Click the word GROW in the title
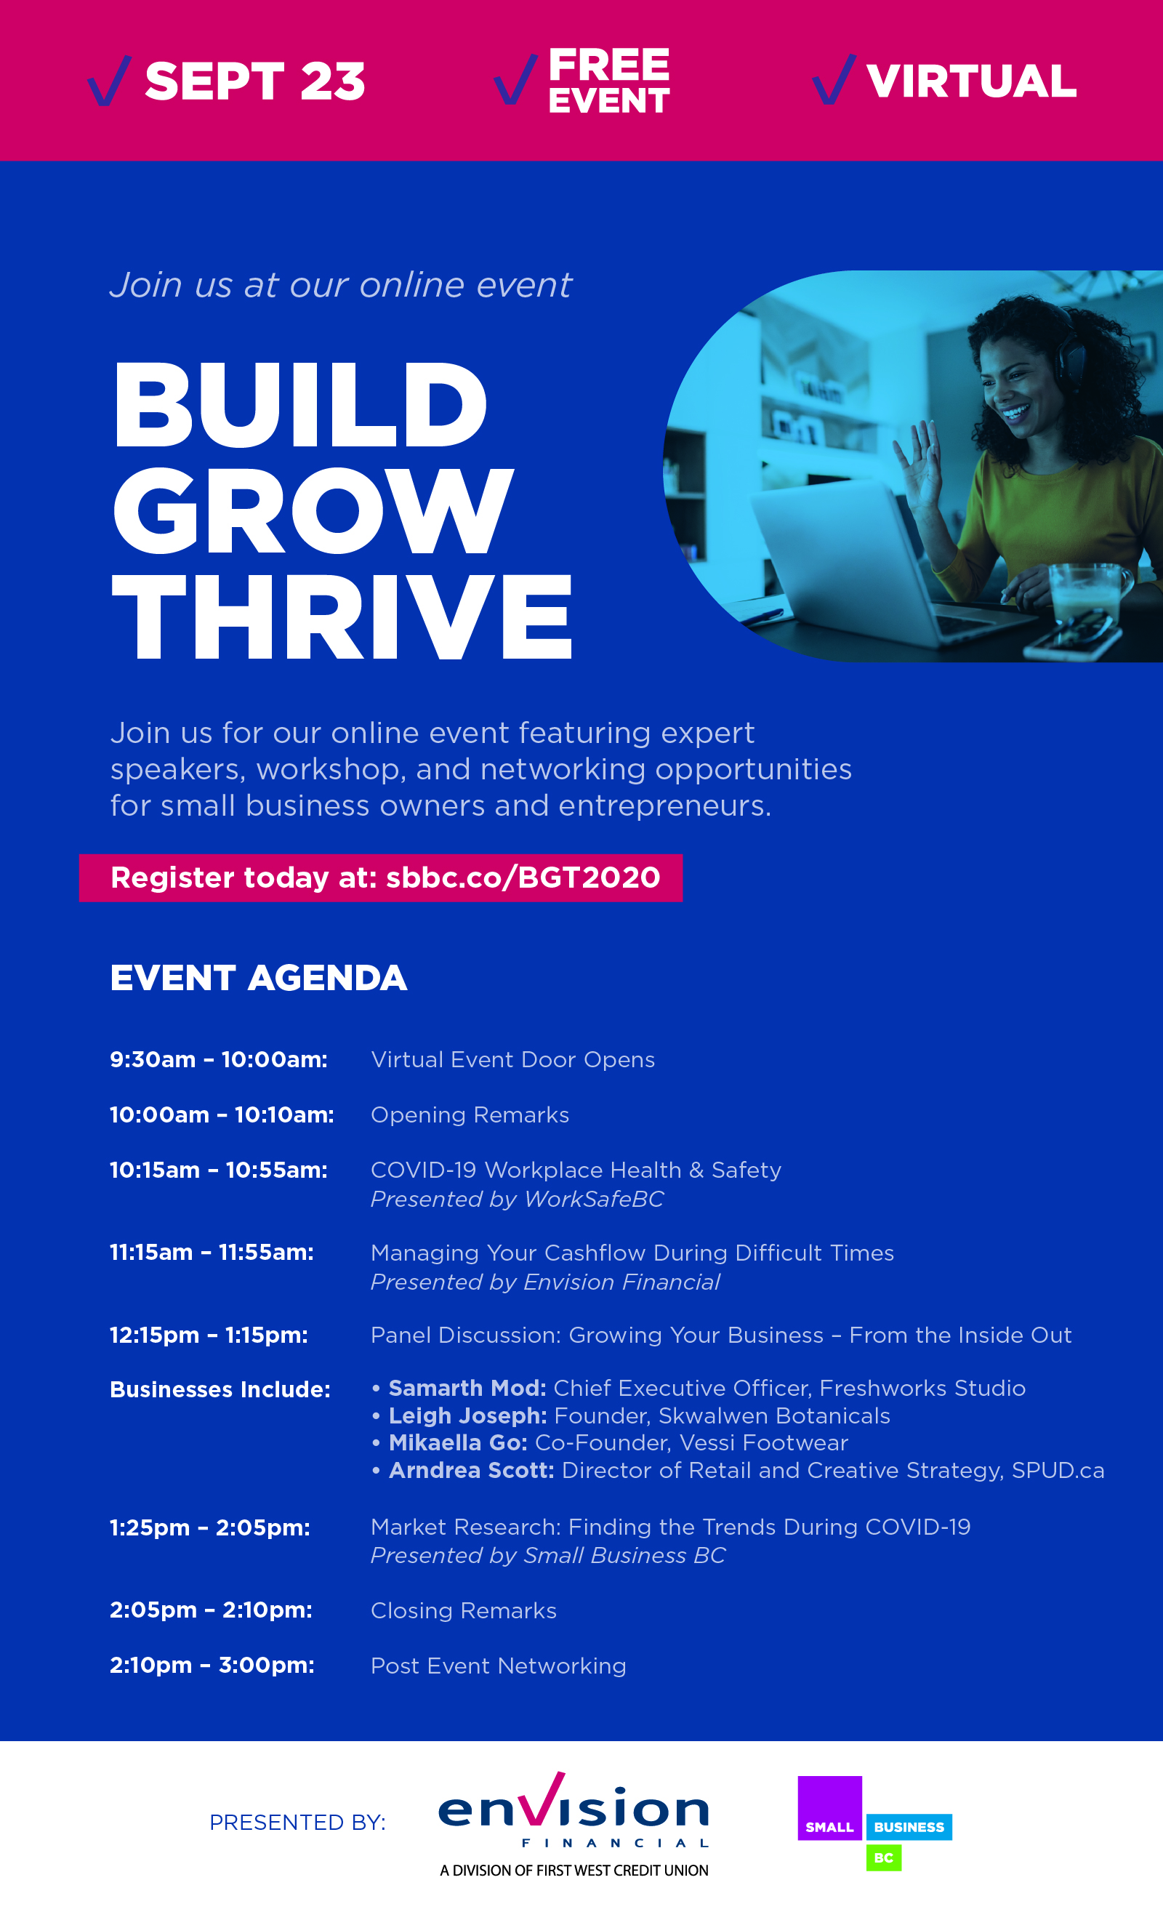(x=313, y=511)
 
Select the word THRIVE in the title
(x=342, y=617)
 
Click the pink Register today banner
(x=380, y=877)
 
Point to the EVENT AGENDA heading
(x=258, y=978)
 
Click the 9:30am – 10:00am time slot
(x=219, y=1059)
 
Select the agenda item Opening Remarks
(x=470, y=1115)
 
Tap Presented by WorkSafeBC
(x=517, y=1199)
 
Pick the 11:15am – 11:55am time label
(x=212, y=1252)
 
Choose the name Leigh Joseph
(x=468, y=1415)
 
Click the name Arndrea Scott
(x=471, y=1470)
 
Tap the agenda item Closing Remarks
(x=463, y=1610)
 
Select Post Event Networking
(x=498, y=1666)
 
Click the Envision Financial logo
(x=574, y=1824)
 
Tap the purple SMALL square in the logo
(x=829, y=1808)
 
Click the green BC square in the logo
(x=884, y=1857)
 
